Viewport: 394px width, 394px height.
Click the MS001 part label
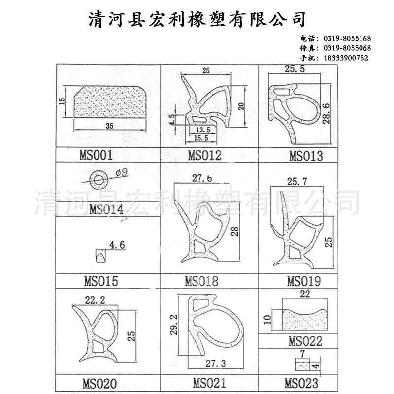pyautogui.click(x=96, y=155)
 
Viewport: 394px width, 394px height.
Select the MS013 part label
pyautogui.click(x=306, y=156)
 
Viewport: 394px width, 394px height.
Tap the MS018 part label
pyautogui.click(x=201, y=281)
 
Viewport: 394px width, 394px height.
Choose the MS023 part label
pyautogui.click(x=301, y=384)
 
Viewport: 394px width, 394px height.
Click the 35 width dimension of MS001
pyautogui.click(x=109, y=126)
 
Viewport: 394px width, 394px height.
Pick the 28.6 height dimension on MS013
pyautogui.click(x=326, y=113)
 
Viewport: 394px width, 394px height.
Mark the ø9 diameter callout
pyautogui.click(x=122, y=173)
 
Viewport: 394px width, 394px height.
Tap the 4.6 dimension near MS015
pyautogui.click(x=117, y=245)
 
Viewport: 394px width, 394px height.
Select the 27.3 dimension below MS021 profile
pyautogui.click(x=216, y=363)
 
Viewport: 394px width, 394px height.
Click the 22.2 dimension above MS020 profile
pyautogui.click(x=95, y=300)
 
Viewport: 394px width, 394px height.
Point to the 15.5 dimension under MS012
pyautogui.click(x=201, y=138)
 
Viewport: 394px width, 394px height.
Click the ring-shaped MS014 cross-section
pyautogui.click(x=99, y=180)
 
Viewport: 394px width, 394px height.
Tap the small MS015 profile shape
pyautogui.click(x=100, y=256)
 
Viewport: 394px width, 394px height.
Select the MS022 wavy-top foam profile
pyautogui.click(x=305, y=320)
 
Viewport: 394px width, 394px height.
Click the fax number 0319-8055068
pyautogui.click(x=347, y=48)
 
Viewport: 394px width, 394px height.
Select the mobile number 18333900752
pyautogui.click(x=346, y=58)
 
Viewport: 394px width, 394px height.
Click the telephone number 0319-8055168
pyautogui.click(x=347, y=39)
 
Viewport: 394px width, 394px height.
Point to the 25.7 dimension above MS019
pyautogui.click(x=297, y=181)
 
